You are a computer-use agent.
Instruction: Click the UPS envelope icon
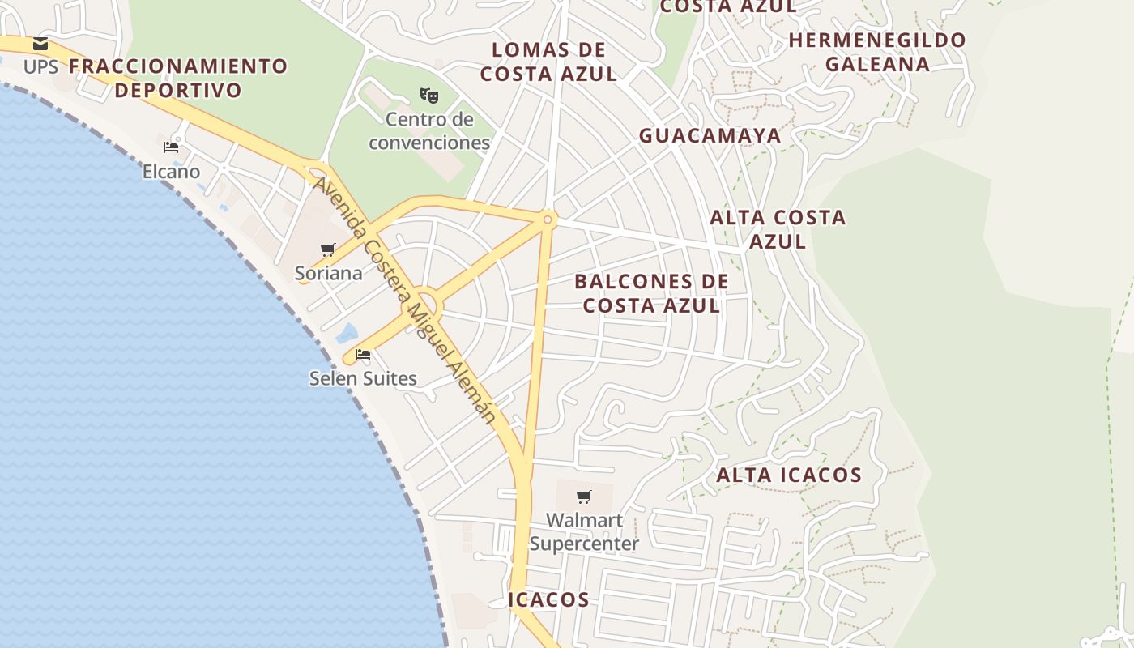(40, 44)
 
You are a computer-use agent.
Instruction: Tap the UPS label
(40, 66)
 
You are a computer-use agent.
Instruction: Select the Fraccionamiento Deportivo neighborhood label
(178, 78)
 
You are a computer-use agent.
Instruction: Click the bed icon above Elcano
(171, 147)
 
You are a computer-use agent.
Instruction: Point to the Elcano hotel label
(171, 172)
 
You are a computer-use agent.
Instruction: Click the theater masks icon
(429, 96)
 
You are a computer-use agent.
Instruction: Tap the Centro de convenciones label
(429, 131)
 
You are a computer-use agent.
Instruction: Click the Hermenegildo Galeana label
(877, 52)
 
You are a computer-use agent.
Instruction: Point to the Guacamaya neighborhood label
(710, 136)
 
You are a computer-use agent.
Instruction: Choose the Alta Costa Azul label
(778, 229)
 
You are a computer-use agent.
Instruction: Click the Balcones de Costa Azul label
(652, 293)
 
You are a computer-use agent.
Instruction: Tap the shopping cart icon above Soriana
(327, 249)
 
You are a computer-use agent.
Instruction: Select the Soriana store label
(328, 273)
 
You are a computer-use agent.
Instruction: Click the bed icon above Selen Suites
(363, 355)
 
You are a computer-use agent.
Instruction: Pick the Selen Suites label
(363, 378)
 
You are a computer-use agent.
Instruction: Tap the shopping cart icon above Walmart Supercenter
(584, 497)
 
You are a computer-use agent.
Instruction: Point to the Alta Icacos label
(789, 475)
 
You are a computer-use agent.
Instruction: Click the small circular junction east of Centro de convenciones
(548, 219)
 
